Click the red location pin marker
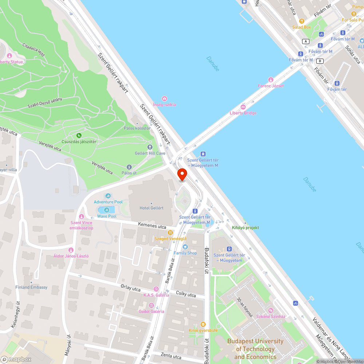(182, 174)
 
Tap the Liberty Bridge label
(243, 113)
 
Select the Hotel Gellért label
(151, 208)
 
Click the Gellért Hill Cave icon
(150, 147)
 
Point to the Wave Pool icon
(107, 210)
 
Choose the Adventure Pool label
(108, 202)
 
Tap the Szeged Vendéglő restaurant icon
(170, 232)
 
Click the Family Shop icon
(185, 247)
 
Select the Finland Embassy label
(31, 287)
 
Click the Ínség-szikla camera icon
(165, 99)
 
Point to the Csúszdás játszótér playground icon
(79, 135)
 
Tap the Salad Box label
(301, 27)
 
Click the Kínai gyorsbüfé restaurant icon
(203, 324)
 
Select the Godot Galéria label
(151, 312)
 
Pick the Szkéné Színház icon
(270, 310)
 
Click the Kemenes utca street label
(152, 226)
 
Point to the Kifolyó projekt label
(245, 227)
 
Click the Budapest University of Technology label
(255, 349)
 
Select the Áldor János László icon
(71, 250)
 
